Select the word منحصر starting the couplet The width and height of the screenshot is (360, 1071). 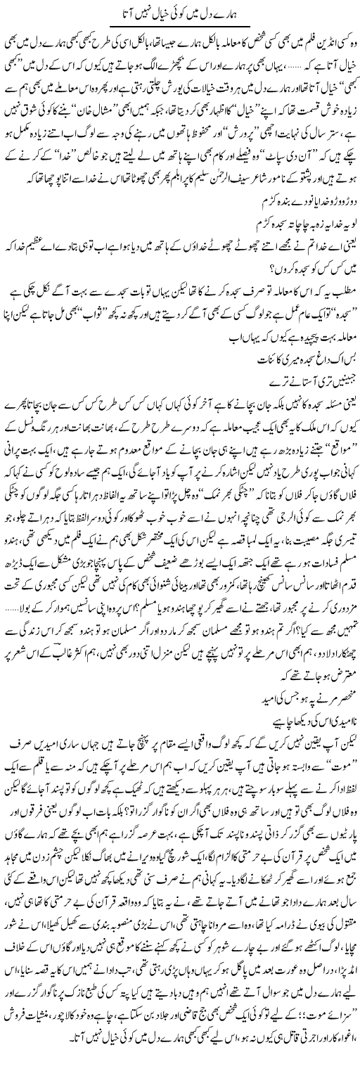click(342, 681)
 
